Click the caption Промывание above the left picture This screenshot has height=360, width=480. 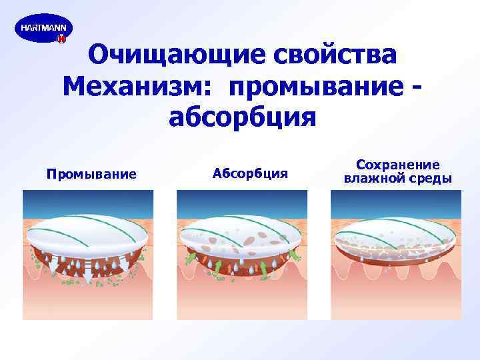click(x=91, y=175)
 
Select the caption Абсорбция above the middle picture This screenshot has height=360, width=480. click(x=250, y=174)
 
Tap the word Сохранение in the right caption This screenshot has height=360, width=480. click(x=397, y=164)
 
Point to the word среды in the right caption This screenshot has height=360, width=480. click(x=429, y=179)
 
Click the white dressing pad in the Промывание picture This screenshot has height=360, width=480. click(x=87, y=233)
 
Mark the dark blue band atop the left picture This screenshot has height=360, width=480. click(x=87, y=200)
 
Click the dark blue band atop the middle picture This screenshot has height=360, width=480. click(x=241, y=200)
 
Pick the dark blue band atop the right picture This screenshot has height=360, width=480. click(x=395, y=200)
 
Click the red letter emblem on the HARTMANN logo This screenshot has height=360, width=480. click(x=61, y=40)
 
